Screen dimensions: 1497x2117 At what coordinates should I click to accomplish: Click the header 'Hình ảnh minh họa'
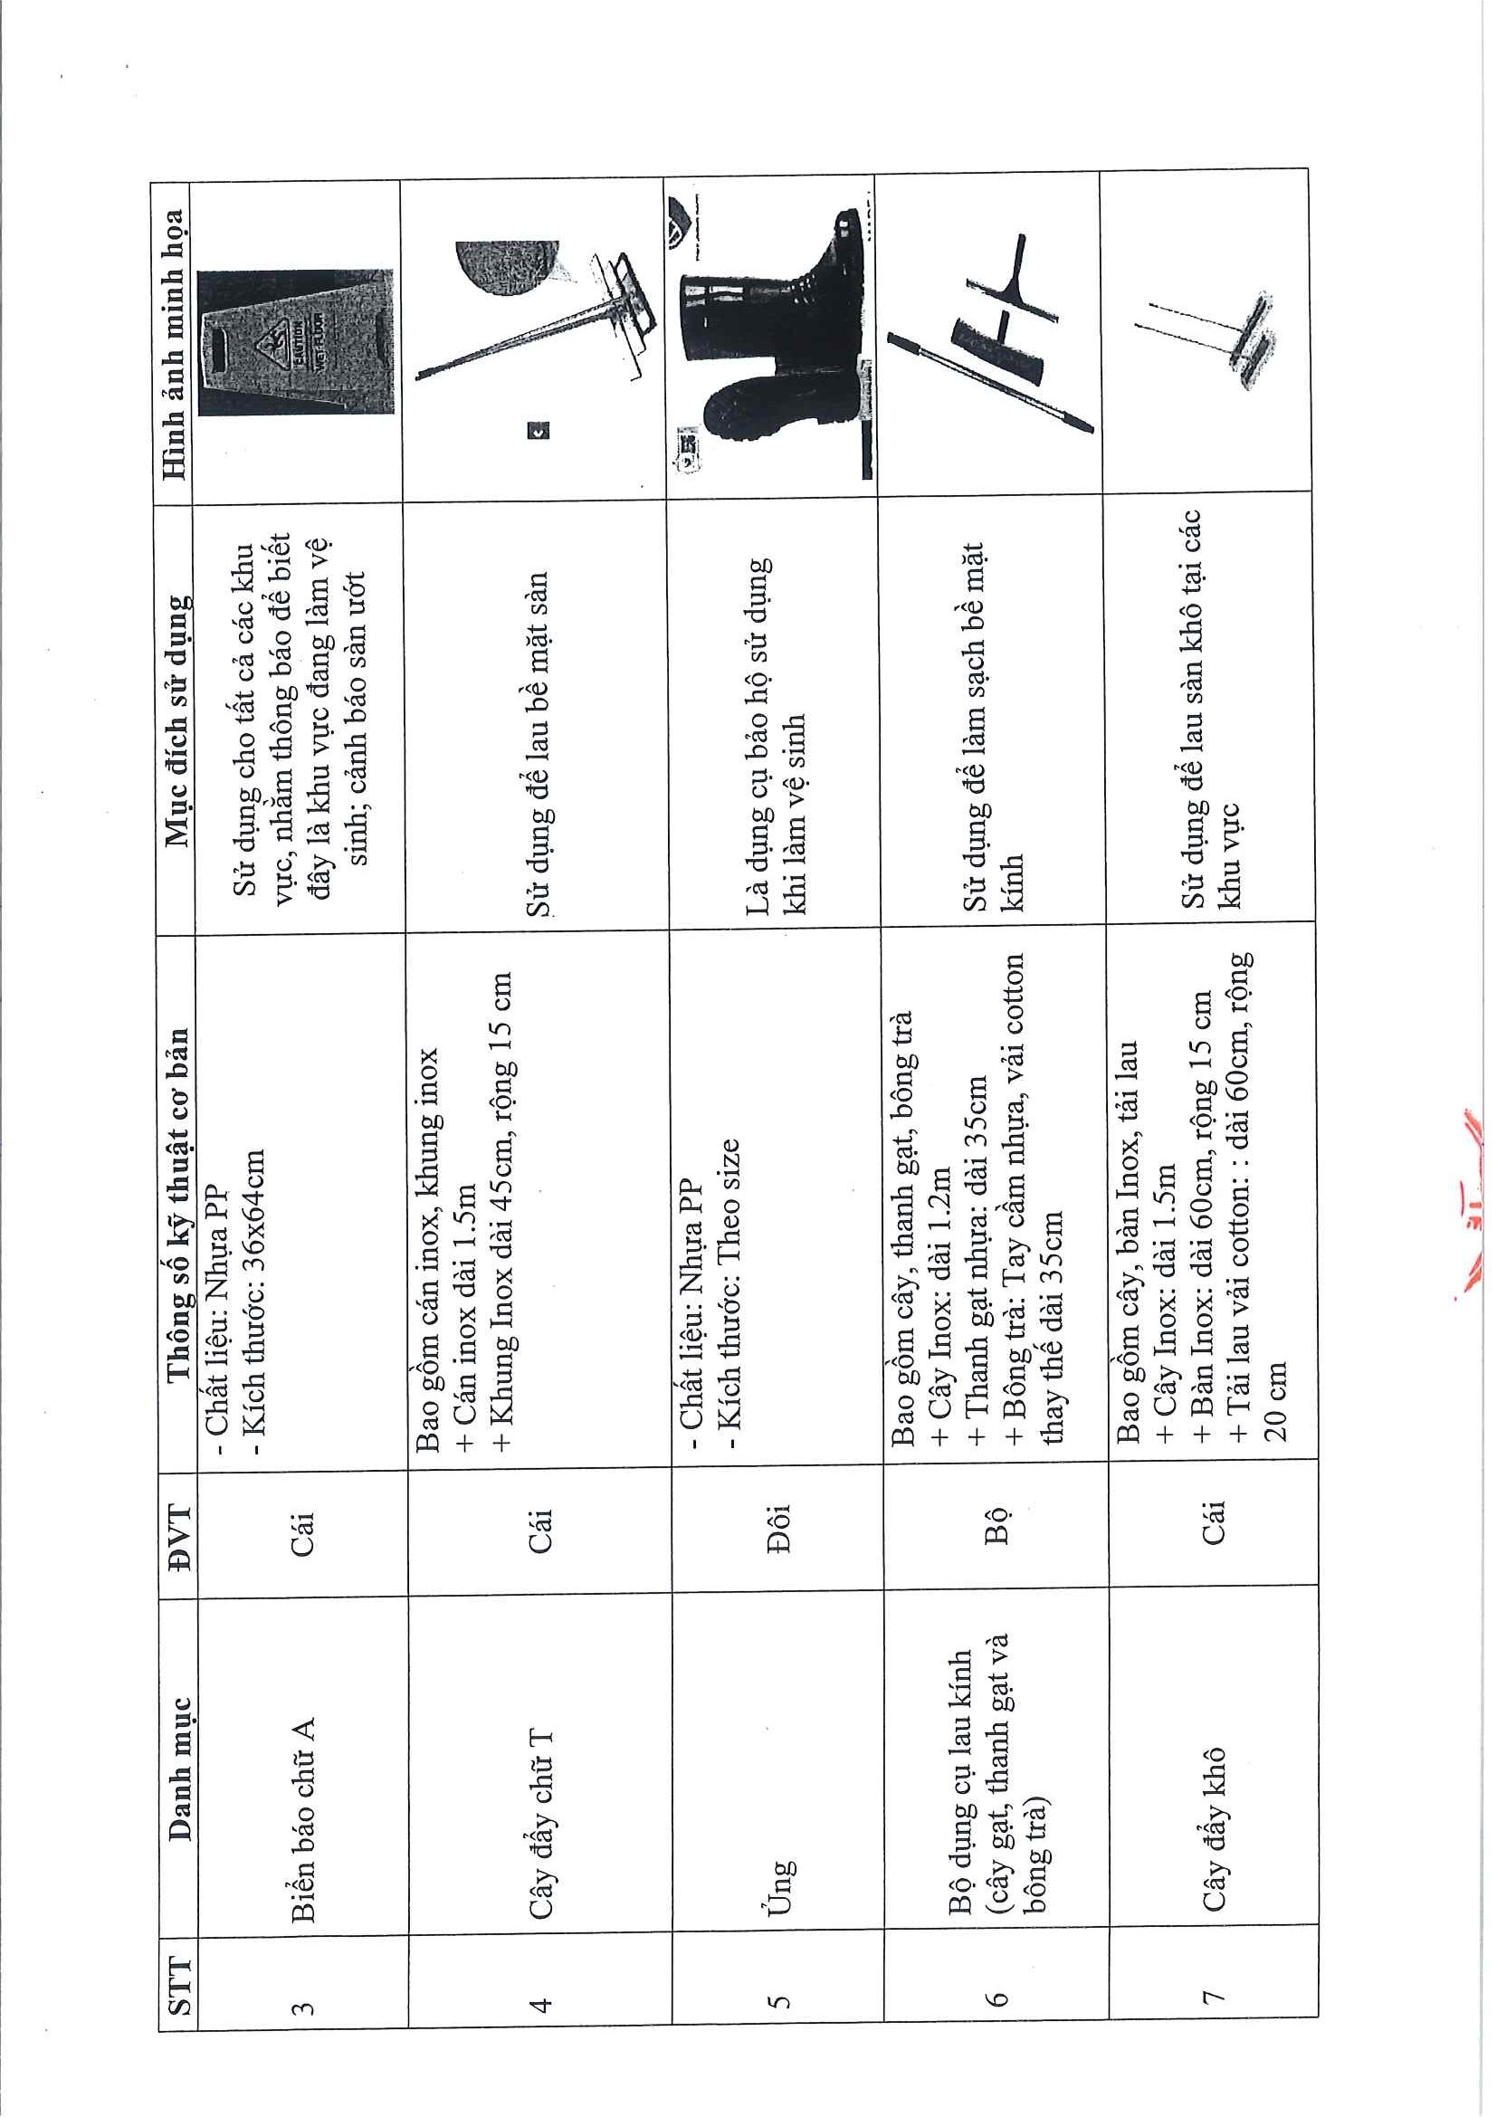point(176,344)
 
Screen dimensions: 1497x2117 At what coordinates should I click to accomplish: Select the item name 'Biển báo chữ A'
point(304,1793)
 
